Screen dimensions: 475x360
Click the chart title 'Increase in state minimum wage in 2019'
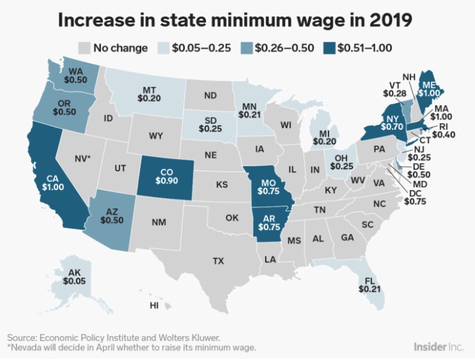coord(235,20)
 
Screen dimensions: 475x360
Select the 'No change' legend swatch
coord(84,48)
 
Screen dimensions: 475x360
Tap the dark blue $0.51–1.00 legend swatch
coord(329,48)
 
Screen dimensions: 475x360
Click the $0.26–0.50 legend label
coord(284,48)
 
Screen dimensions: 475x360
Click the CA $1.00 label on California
coord(53,183)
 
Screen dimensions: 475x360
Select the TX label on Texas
coord(218,260)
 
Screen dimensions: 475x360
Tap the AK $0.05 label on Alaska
coord(74,277)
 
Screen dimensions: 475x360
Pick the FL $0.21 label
coord(369,285)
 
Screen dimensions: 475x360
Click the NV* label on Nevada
coord(82,158)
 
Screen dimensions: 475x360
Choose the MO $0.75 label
coord(269,187)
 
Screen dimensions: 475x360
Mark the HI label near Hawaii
coord(154,305)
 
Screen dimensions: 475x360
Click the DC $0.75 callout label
coord(415,197)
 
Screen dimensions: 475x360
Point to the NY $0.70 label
coord(392,123)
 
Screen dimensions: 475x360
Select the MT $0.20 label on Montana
coord(149,94)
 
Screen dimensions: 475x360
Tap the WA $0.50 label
coord(75,75)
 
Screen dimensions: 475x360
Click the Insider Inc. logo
coord(438,346)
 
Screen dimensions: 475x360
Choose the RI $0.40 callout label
coord(443,131)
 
